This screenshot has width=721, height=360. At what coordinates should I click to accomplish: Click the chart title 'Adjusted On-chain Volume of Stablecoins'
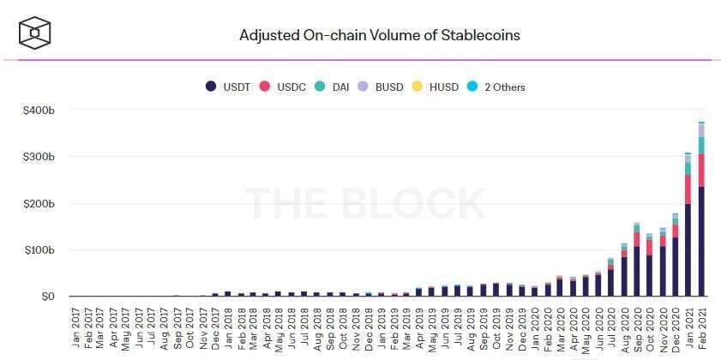click(379, 35)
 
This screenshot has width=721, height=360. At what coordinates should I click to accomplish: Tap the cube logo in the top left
click(37, 34)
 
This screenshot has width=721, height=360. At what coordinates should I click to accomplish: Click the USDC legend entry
click(283, 87)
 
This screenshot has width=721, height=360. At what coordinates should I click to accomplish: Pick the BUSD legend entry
click(382, 87)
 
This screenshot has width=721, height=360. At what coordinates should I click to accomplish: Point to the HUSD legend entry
click(437, 87)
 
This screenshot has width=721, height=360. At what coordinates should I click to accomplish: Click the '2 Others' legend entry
click(497, 87)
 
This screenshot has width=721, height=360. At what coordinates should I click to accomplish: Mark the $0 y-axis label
click(48, 297)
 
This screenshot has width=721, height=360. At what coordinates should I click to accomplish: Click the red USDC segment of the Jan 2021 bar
click(688, 189)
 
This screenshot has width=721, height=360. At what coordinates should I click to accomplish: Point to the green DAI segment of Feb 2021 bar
click(701, 145)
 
